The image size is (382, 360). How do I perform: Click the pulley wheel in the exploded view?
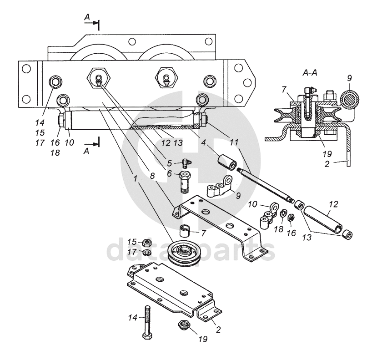click(185, 254)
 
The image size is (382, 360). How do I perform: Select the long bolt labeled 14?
click(148, 322)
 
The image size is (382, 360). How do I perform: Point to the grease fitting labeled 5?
click(187, 162)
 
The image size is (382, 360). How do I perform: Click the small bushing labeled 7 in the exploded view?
click(185, 231)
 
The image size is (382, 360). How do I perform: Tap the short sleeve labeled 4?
click(227, 162)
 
